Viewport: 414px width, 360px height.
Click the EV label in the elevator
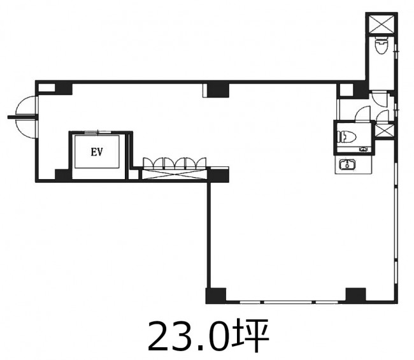point(97,152)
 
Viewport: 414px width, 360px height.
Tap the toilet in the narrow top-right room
point(382,45)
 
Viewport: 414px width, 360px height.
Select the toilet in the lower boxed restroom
point(347,137)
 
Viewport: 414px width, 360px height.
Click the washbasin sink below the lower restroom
point(347,164)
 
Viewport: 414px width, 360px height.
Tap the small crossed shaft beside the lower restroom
point(385,131)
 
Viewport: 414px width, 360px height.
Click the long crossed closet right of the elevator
point(175,175)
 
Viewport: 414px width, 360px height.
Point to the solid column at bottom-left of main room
point(216,295)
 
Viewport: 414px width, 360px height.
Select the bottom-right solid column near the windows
point(355,294)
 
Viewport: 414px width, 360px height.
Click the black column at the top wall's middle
point(218,90)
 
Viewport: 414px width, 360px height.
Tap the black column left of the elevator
point(63,175)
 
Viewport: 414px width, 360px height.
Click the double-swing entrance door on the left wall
point(25,117)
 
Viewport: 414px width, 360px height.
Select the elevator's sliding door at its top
point(97,133)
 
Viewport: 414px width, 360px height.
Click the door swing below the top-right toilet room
point(380,99)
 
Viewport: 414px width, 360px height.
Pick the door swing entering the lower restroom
point(363,114)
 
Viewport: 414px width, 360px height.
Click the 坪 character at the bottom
point(251,336)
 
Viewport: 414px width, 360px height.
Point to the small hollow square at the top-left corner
point(46,88)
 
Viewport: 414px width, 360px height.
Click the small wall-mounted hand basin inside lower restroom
point(364,150)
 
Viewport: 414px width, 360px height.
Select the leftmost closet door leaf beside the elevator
point(148,164)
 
